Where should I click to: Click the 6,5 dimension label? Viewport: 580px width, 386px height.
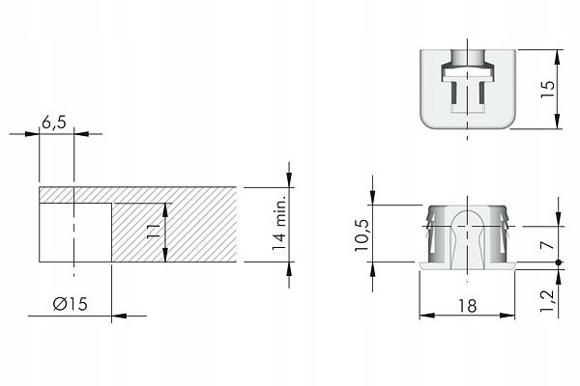(x=53, y=123)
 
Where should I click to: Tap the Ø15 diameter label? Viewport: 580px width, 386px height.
(x=71, y=304)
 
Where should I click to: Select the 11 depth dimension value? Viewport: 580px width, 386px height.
(x=152, y=232)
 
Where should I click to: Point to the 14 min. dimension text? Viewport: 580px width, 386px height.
(x=280, y=223)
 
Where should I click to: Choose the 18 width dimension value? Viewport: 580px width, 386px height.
(x=468, y=305)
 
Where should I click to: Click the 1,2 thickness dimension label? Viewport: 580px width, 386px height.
(x=548, y=301)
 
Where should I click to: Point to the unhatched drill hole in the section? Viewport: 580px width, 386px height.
(x=75, y=232)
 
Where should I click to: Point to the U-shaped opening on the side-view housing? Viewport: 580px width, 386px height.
(x=469, y=222)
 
